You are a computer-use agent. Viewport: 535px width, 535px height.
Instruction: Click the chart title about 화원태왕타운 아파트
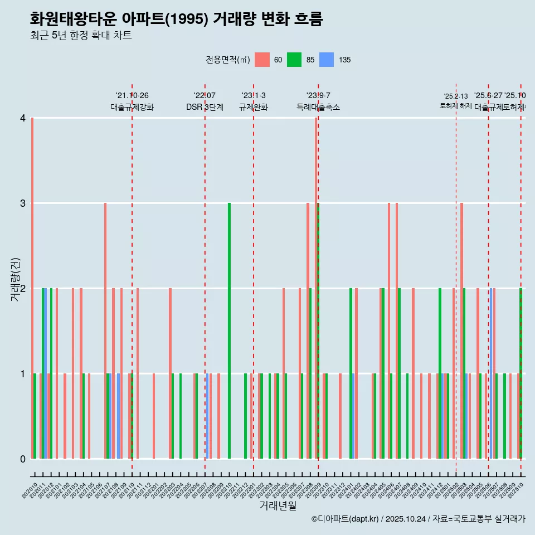[x=177, y=19]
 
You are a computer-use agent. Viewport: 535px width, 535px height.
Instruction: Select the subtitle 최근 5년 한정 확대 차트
[x=81, y=36]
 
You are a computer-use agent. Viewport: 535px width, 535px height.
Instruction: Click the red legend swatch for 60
[x=262, y=60]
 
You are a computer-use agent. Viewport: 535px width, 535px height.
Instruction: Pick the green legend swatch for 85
[x=294, y=60]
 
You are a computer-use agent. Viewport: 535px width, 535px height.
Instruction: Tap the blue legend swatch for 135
[x=327, y=60]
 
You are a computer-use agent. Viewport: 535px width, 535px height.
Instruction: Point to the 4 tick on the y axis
[x=22, y=118]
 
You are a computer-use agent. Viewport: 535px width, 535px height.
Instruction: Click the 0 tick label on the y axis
[x=22, y=459]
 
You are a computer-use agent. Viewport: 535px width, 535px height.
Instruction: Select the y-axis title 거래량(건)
[x=15, y=280]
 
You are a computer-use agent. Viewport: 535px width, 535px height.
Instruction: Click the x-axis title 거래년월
[x=278, y=505]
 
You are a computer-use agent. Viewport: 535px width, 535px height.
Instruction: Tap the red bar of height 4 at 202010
[x=32, y=288]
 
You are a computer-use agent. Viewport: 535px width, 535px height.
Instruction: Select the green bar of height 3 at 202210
[x=229, y=331]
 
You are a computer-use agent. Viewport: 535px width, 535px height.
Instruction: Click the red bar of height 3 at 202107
[x=105, y=331]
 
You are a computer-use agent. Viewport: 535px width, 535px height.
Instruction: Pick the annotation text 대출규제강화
[x=132, y=107]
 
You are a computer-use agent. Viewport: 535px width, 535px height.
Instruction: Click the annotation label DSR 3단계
[x=205, y=107]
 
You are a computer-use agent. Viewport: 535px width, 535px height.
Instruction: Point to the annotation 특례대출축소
[x=318, y=107]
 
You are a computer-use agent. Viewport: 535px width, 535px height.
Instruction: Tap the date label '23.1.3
[x=254, y=96]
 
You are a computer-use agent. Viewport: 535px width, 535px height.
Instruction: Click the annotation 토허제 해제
[x=456, y=106]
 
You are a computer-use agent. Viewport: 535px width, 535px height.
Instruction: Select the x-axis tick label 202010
[x=30, y=491]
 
